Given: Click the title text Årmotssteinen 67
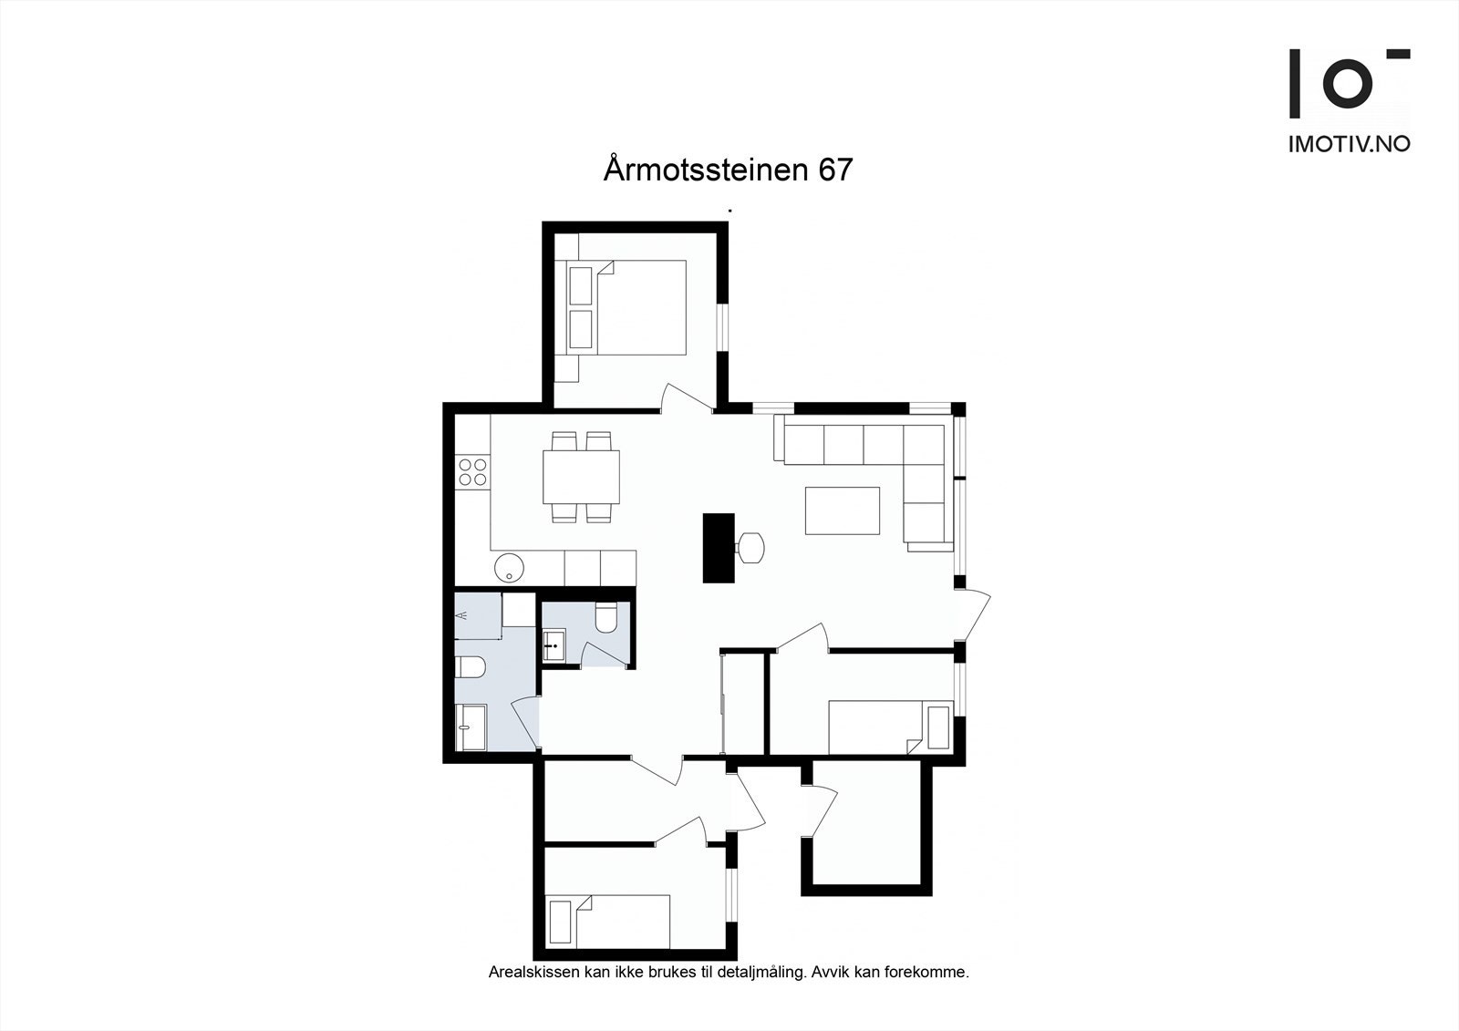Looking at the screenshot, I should [727, 170].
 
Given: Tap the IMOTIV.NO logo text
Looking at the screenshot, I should [1349, 144].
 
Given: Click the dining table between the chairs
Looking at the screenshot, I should [581, 477].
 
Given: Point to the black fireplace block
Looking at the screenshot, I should [719, 548].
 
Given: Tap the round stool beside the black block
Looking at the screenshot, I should [751, 548].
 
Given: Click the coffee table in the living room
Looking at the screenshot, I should [842, 510].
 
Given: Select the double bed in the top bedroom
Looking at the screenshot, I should [638, 307].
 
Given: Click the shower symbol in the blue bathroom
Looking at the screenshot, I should [464, 616].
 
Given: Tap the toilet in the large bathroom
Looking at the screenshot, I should [470, 669].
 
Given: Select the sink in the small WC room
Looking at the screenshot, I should [554, 645].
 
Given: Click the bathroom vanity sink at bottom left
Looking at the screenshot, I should [471, 727].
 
